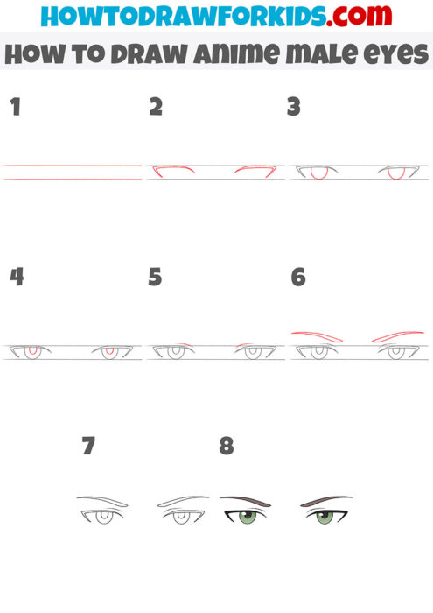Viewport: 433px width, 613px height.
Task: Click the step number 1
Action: point(14,107)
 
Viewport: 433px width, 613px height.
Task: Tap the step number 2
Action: point(156,107)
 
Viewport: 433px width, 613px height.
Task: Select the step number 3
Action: point(294,107)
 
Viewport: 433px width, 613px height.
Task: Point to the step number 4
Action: point(16,278)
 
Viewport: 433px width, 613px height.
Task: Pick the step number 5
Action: point(156,278)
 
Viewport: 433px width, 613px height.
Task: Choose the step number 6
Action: point(297,278)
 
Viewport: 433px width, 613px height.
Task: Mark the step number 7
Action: point(87,447)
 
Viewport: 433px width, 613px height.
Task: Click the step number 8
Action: point(227,447)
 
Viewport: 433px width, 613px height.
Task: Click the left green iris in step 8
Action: point(246,517)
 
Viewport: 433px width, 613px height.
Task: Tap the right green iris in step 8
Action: point(325,517)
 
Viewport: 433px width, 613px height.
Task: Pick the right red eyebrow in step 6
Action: point(398,335)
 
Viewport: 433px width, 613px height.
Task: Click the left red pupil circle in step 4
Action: point(32,351)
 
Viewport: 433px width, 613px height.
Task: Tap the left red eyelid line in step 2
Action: point(171,167)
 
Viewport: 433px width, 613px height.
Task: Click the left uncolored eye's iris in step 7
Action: point(102,517)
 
